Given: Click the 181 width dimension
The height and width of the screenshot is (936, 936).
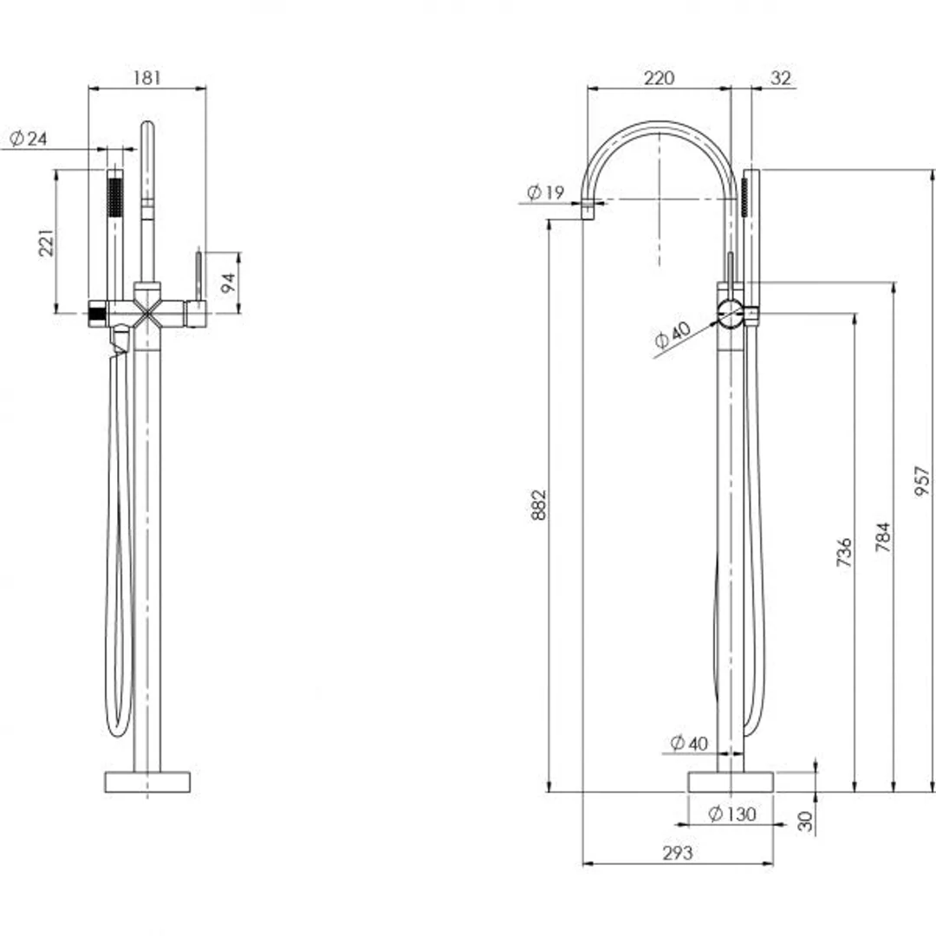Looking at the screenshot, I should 148,78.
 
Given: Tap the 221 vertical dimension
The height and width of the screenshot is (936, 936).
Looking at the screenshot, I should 47,243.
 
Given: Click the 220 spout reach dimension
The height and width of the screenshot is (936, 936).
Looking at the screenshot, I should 659,78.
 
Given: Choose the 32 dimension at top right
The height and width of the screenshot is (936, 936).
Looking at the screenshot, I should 781,78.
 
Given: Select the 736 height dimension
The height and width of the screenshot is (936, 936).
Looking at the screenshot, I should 844,553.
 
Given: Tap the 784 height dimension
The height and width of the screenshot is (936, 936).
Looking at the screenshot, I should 882,537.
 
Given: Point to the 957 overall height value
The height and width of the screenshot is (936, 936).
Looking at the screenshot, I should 921,482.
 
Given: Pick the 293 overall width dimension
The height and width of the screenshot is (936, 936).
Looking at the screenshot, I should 677,853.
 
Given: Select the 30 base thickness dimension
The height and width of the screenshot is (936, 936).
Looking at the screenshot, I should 806,822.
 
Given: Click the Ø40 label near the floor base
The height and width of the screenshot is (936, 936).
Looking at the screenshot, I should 690,743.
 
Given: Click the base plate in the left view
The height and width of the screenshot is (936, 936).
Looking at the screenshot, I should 147,782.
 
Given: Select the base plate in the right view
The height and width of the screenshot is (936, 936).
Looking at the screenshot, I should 731,782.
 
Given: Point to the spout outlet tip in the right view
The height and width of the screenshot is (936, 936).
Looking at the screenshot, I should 588,209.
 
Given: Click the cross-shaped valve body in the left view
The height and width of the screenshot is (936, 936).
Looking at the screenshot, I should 147,312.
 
